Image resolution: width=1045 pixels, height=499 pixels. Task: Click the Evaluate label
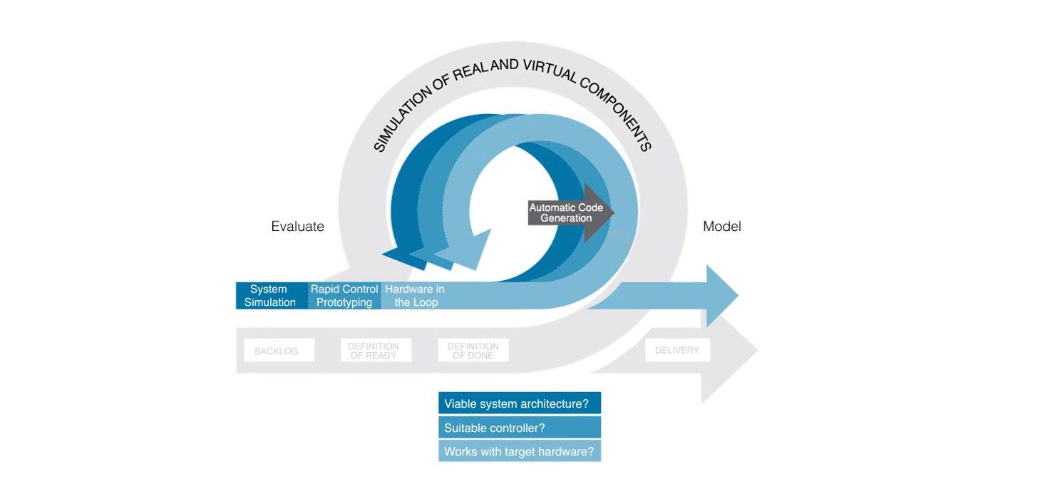(x=297, y=227)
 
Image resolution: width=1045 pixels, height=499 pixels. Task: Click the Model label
(x=721, y=227)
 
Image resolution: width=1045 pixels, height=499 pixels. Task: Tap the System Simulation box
(x=270, y=296)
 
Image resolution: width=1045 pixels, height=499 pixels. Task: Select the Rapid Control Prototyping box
(x=344, y=296)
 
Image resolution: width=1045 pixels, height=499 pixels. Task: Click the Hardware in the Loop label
(x=415, y=296)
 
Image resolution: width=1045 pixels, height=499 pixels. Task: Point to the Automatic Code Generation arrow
(x=570, y=213)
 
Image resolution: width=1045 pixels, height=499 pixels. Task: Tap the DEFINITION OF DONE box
(x=473, y=350)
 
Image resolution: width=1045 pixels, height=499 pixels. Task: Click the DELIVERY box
(x=676, y=350)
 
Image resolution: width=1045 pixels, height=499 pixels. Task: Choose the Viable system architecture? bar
(x=519, y=403)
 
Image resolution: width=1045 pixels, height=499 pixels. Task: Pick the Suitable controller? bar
(x=519, y=428)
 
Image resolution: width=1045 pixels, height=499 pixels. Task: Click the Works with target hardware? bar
(x=519, y=451)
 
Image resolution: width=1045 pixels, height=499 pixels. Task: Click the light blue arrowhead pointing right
(x=721, y=295)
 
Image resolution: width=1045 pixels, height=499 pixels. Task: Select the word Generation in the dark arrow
(x=565, y=218)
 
